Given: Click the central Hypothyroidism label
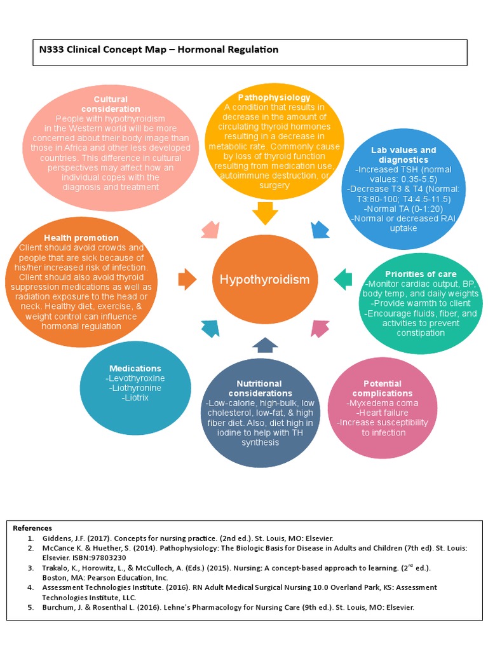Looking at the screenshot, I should pos(264,280).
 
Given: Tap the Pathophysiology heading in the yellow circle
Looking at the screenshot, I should pos(274,97).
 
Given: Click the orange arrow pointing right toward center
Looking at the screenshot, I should pos(187,278).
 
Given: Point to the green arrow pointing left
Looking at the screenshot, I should pos(343,278).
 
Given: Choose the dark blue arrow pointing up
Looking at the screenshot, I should pos(265,345).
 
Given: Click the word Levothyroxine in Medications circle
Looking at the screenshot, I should pos(135,378).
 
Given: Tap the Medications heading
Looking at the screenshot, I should pos(135,368).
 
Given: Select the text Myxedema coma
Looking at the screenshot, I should pos(383,403).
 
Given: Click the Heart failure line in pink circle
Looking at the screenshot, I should pos(383,413).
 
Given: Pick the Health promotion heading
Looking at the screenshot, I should pos(81,238).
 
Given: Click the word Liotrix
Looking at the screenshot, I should pos(135,397).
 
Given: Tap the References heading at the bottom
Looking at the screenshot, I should pos(32,528).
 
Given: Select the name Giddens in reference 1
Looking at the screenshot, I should pos(57,538).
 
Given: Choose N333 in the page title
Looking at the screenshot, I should pos(53,50).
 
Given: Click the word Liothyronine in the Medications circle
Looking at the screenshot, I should pos(135,388).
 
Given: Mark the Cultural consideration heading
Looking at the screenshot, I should pos(111,104).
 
